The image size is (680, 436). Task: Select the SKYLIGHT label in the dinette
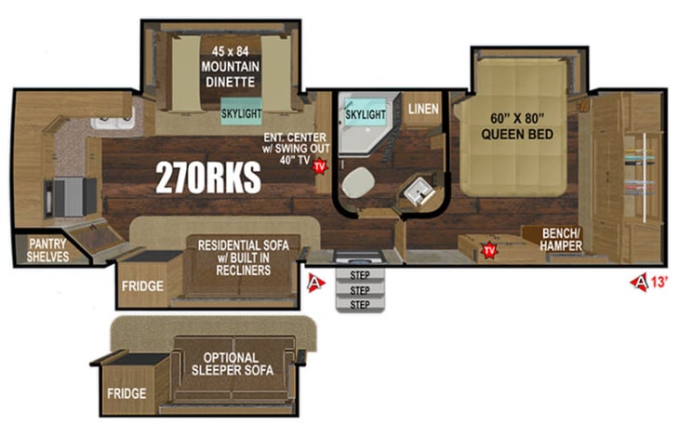pyautogui.click(x=240, y=113)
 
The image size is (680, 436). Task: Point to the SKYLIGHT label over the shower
pyautogui.click(x=365, y=113)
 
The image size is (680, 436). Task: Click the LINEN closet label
pyautogui.click(x=424, y=110)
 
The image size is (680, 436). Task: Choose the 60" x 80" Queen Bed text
pyautogui.click(x=517, y=126)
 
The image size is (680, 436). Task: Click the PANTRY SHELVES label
pyautogui.click(x=47, y=250)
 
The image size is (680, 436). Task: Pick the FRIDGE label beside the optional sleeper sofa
pyautogui.click(x=126, y=393)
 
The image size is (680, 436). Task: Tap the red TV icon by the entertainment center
pyautogui.click(x=319, y=166)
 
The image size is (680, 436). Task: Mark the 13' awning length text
pyautogui.click(x=657, y=281)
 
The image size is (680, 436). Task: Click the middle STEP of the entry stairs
pyautogui.click(x=359, y=290)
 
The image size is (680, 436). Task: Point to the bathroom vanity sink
pyautogui.click(x=415, y=194)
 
